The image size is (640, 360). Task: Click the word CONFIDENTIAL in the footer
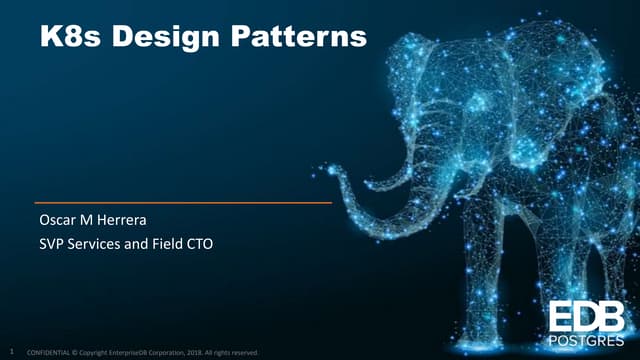coord(52,352)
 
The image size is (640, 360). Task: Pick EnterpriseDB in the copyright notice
coord(131,352)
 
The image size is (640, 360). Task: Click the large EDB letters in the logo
coord(588,316)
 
